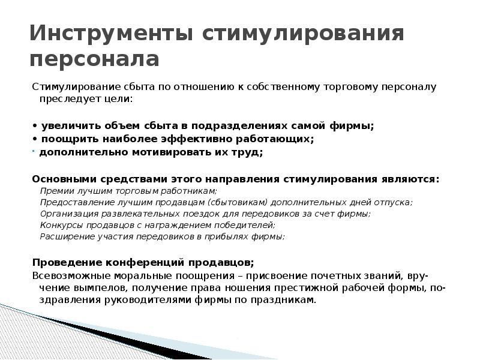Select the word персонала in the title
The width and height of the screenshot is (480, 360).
pos(94,59)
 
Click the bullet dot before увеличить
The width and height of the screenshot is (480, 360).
pos(34,126)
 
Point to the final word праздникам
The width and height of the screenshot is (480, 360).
pos(286,301)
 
